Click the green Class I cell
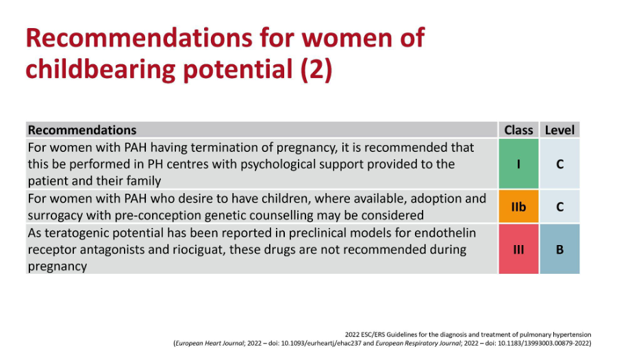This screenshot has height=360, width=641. [x=518, y=164]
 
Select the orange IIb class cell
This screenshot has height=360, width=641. [x=518, y=207]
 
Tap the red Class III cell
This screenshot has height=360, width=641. [x=518, y=249]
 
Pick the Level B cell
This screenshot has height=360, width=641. [x=560, y=249]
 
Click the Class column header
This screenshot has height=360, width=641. [x=518, y=130]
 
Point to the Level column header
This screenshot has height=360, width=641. [x=560, y=130]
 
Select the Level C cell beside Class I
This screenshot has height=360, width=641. [x=560, y=164]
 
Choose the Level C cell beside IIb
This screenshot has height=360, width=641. [x=560, y=207]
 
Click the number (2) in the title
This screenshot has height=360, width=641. [x=316, y=69]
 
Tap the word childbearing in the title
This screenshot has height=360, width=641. [x=101, y=69]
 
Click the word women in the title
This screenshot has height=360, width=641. [x=344, y=38]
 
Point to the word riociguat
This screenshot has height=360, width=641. [x=199, y=249]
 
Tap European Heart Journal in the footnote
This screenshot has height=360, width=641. [x=210, y=344]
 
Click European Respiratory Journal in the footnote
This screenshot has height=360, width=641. [x=418, y=344]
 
